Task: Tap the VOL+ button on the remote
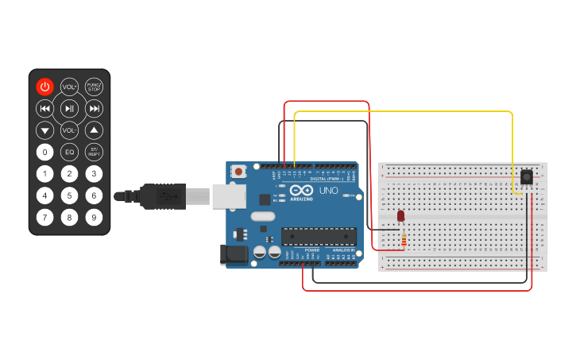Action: coord(70,87)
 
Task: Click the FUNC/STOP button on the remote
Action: coord(94,87)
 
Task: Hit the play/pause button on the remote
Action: coord(70,109)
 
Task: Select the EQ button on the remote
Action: coord(70,152)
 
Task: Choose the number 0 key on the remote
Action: coord(45,152)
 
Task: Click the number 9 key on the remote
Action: coord(94,217)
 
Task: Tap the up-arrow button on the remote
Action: coord(94,130)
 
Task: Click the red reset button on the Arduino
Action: coord(238,171)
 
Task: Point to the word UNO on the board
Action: coord(328,192)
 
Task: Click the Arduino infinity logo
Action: coord(301,191)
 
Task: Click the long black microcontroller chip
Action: coord(319,236)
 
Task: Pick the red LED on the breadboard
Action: coord(400,215)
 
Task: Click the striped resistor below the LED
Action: coord(404,238)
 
